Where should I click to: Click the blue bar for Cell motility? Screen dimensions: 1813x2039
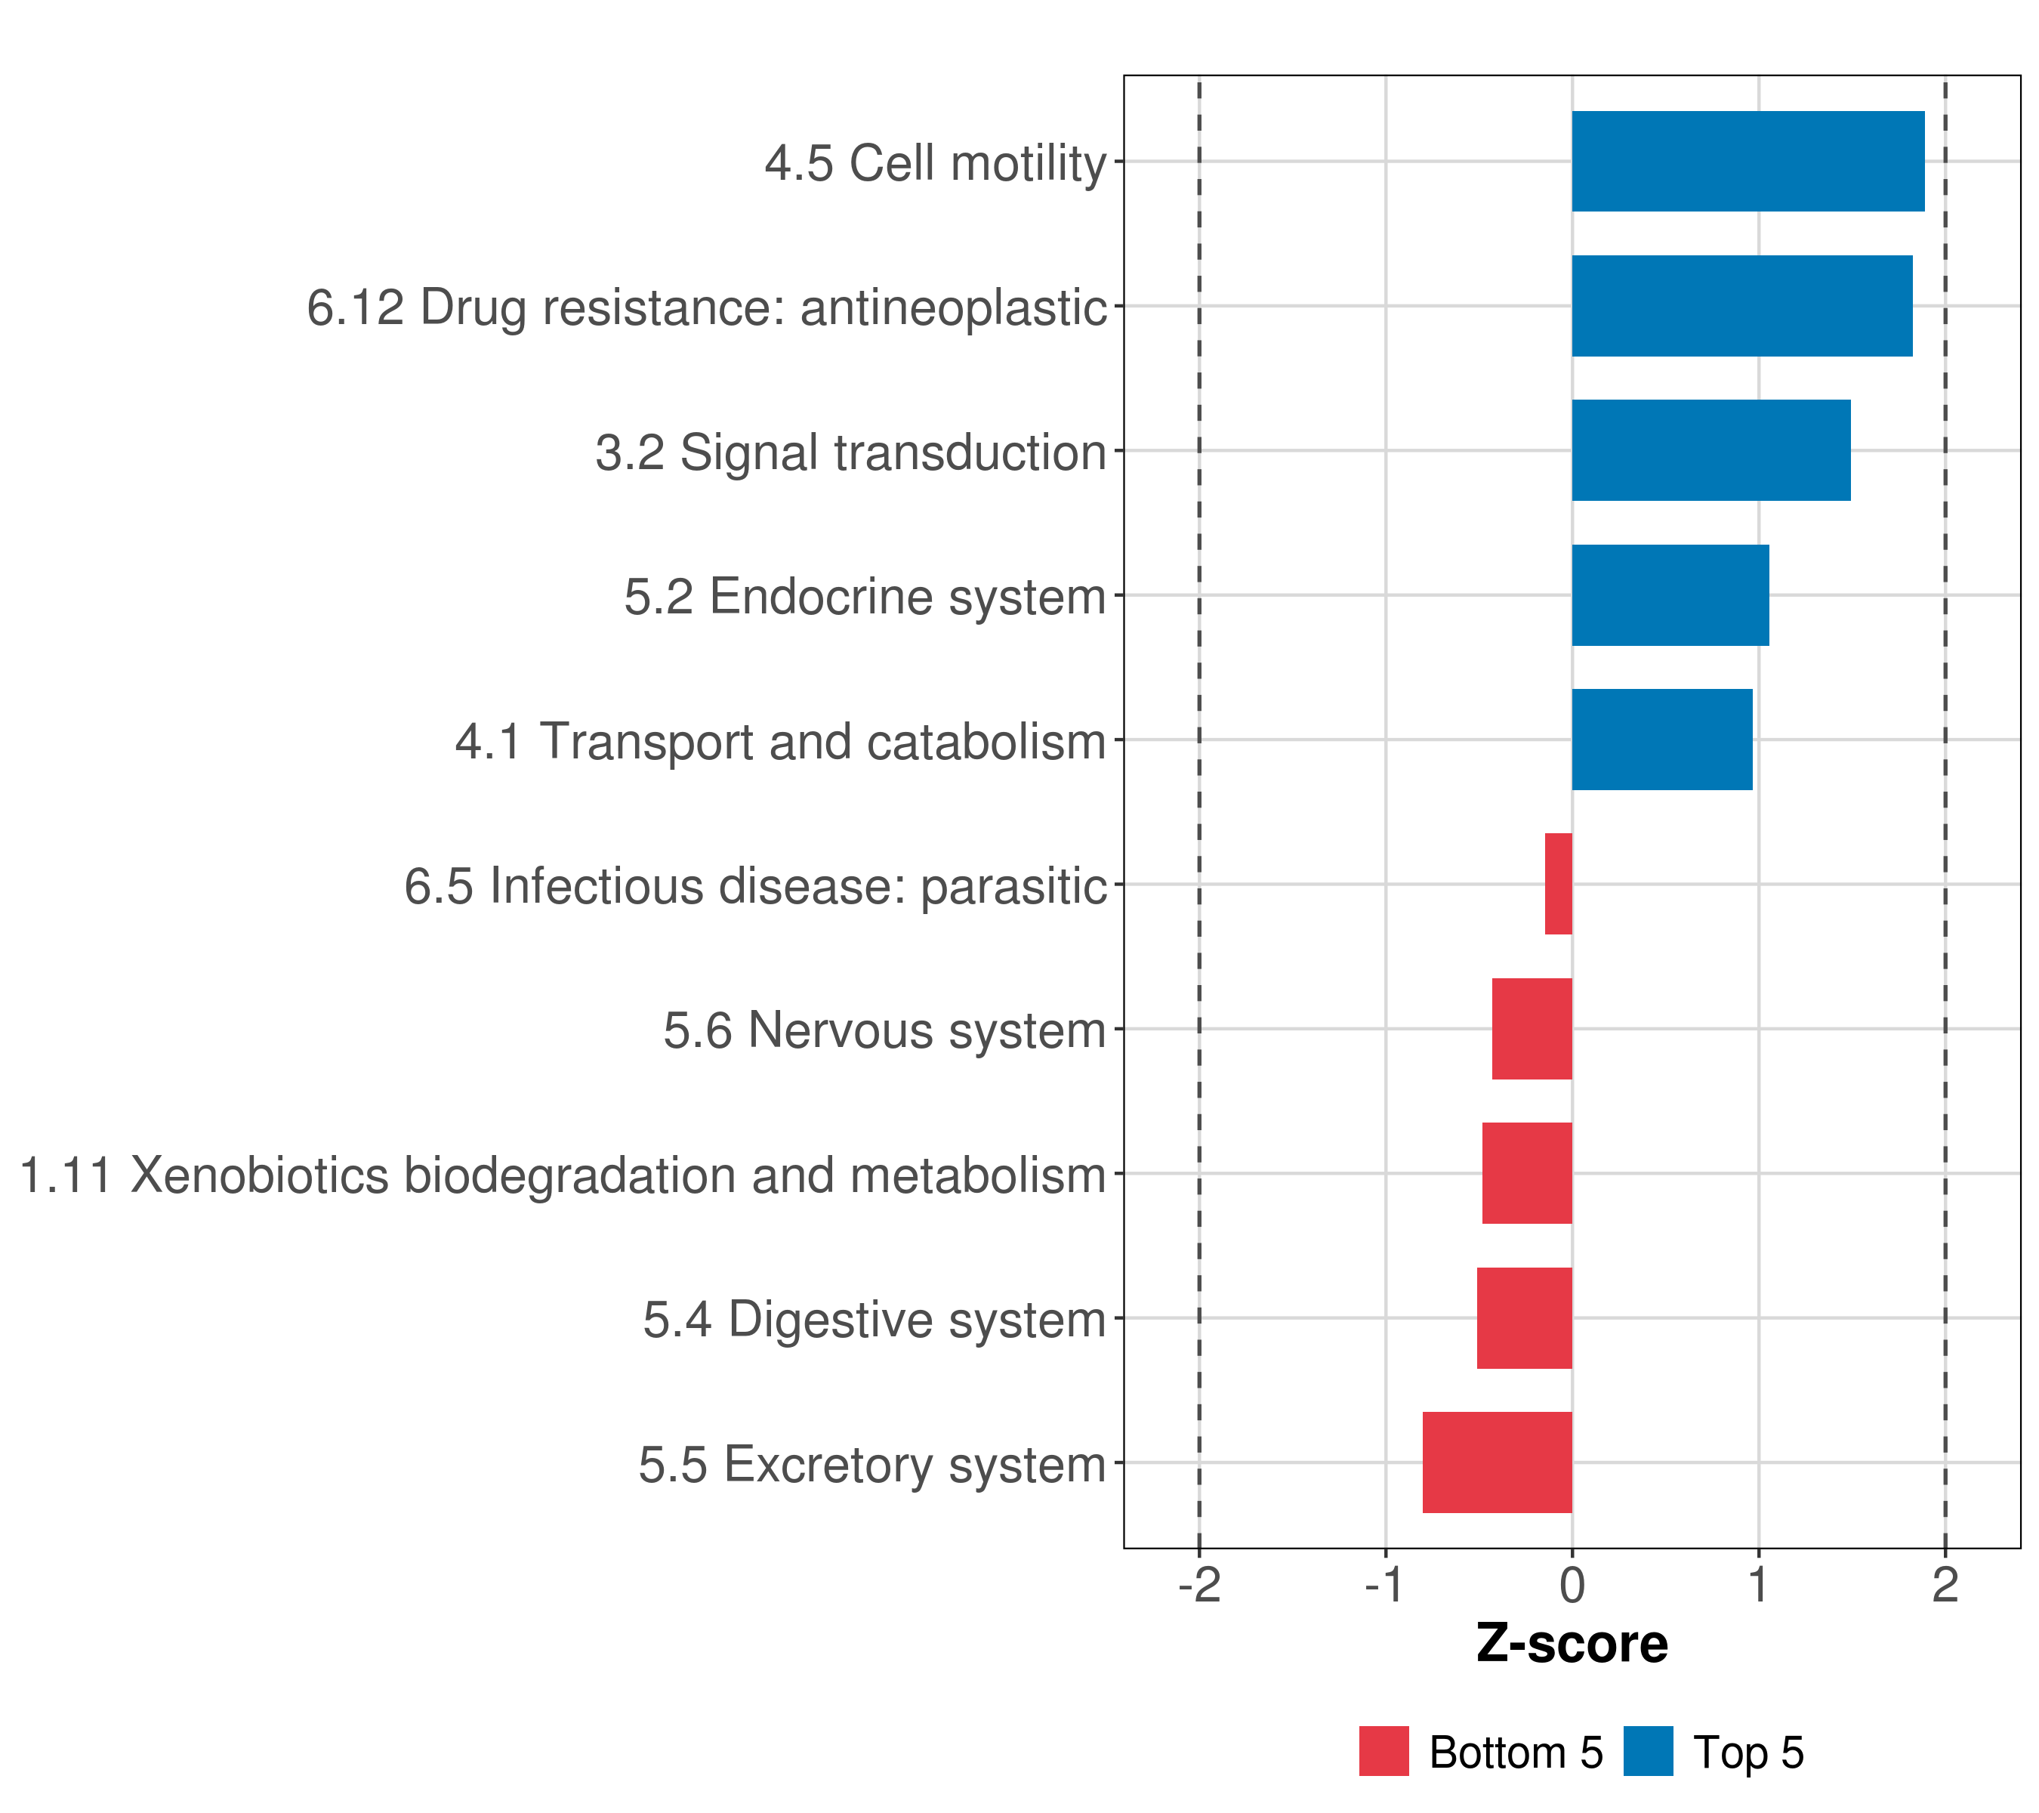1747,162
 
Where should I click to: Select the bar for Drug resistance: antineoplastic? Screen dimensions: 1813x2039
1741,307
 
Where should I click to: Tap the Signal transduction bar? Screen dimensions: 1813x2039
1710,451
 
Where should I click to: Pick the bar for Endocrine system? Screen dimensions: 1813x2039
1670,596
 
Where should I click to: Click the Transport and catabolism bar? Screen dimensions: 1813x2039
1662,740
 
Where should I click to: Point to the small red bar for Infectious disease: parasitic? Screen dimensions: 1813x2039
1558,884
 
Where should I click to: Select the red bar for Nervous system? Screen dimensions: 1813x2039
1532,1029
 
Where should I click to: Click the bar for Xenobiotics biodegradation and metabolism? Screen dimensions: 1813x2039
1526,1173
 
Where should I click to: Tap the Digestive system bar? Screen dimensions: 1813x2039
1524,1318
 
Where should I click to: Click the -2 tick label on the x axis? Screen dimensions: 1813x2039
1199,1586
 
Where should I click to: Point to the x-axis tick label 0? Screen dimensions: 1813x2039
1572,1586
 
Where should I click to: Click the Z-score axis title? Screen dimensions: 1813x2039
1572,1645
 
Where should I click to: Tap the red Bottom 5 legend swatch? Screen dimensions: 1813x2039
1383,1751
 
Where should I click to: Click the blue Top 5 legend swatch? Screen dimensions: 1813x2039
1648,1751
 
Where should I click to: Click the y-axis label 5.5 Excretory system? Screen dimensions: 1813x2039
873,1465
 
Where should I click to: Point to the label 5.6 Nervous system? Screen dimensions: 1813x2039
885,1030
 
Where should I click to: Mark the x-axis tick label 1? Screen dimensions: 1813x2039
1759,1586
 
